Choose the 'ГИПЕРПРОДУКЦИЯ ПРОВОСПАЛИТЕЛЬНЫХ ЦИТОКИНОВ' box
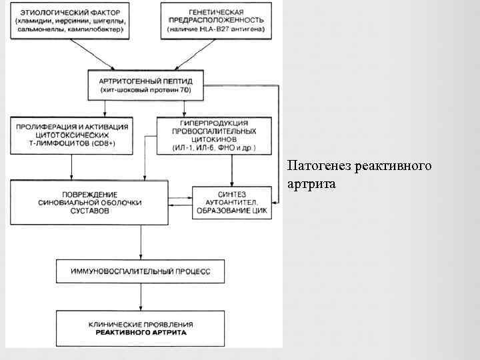215,135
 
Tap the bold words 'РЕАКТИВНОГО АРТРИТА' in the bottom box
140,331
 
